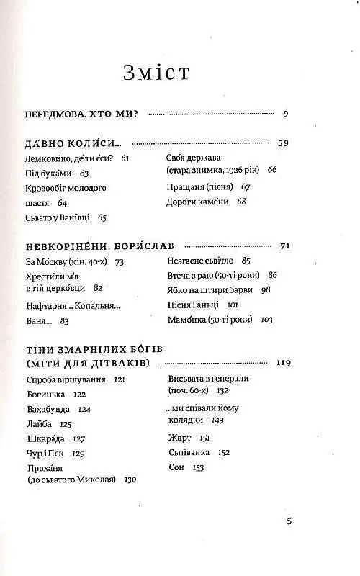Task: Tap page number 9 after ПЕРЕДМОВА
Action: tap(286, 113)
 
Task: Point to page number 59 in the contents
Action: tap(283, 143)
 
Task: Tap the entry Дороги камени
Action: tap(196, 202)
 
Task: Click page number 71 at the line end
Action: tap(284, 246)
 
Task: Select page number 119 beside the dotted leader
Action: tap(282, 362)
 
